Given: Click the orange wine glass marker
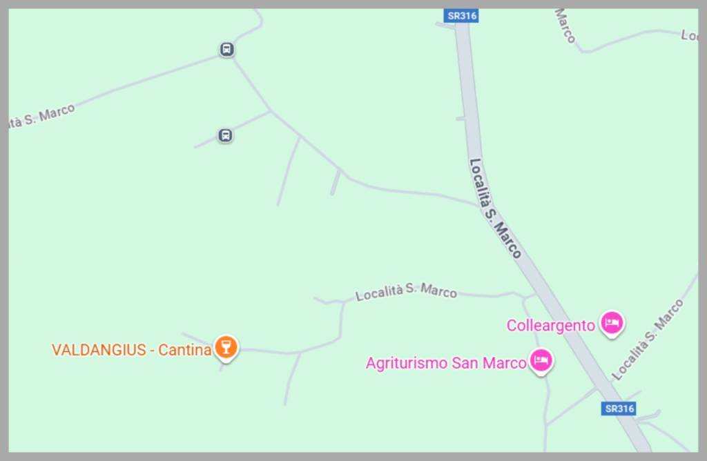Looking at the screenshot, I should click(x=226, y=346).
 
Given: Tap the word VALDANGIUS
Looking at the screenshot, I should click(x=99, y=350).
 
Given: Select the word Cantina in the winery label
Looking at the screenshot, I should click(x=184, y=350).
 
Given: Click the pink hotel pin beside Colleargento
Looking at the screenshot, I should click(x=612, y=322).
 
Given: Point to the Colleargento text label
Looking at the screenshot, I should click(x=550, y=326).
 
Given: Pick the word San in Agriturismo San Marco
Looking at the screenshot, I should click(x=465, y=363).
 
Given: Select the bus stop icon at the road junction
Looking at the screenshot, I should click(x=226, y=50).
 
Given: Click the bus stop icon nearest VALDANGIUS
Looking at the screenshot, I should click(x=225, y=135).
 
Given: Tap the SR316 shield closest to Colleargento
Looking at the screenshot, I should click(x=619, y=409).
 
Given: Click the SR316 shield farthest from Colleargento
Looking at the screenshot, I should click(x=461, y=15).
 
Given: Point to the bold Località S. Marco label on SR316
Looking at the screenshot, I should click(x=494, y=208).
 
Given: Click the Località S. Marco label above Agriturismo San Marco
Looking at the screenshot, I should click(x=406, y=292).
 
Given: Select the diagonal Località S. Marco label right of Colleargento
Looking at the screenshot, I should click(x=648, y=340).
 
